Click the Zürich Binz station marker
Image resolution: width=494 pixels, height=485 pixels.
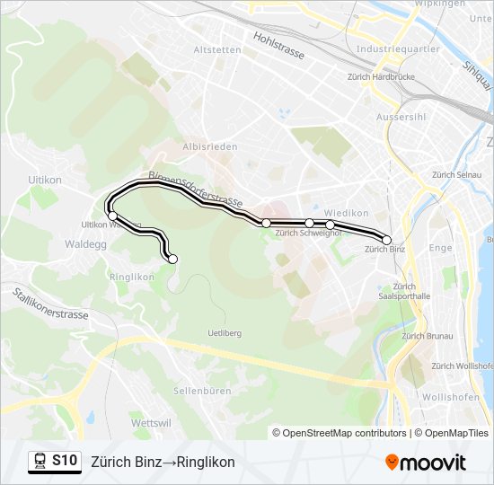[387, 240]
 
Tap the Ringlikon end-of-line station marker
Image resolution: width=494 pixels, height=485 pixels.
[173, 260]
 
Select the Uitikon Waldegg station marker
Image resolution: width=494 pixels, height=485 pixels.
[112, 216]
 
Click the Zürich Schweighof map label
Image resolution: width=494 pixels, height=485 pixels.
[309, 234]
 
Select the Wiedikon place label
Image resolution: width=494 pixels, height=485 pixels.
[347, 213]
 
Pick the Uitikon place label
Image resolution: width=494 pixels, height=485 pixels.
[43, 180]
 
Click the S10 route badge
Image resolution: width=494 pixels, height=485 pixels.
[64, 461]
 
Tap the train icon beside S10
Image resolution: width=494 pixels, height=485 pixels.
[40, 461]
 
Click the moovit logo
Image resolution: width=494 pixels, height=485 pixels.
[426, 462]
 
